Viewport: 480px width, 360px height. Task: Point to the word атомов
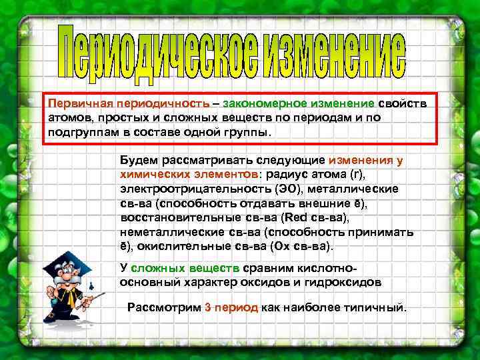(x=65, y=118)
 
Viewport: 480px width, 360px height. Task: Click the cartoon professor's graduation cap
(x=65, y=263)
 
